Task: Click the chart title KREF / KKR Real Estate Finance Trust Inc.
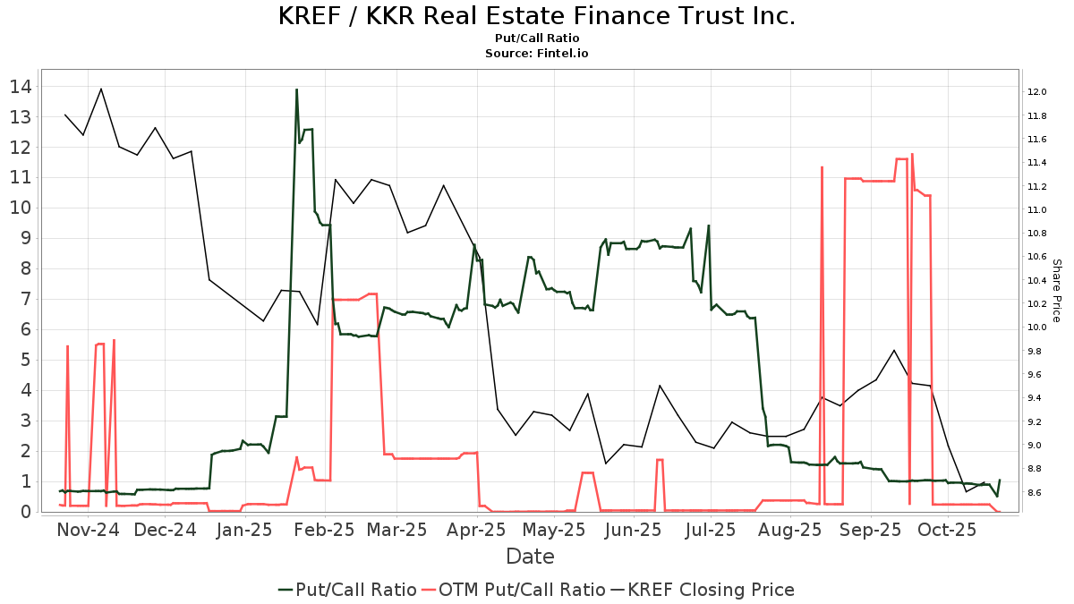point(537,16)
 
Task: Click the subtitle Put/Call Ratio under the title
point(537,38)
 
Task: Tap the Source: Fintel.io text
point(537,54)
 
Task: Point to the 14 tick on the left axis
point(21,87)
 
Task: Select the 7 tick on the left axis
point(27,299)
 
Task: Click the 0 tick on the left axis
point(27,512)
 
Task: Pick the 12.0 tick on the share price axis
point(1036,92)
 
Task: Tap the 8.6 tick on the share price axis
point(1036,492)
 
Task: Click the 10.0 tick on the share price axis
point(1036,328)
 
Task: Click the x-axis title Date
point(530,557)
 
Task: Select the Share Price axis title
point(1056,291)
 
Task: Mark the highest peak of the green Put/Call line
point(296,89)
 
